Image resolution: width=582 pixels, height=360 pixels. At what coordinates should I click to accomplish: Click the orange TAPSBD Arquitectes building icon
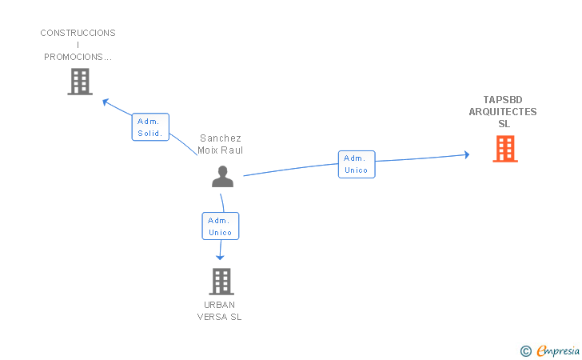coord(504,149)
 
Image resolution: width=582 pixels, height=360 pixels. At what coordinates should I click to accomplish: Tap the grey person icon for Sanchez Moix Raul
coord(222,176)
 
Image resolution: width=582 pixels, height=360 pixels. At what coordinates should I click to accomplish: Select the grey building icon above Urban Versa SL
coord(221,281)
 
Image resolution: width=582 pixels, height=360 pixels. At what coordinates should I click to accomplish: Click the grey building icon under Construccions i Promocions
coord(79,81)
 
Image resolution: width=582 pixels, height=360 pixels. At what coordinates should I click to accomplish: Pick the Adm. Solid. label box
coord(149,127)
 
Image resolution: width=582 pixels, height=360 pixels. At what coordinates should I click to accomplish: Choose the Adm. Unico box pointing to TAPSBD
coord(356,164)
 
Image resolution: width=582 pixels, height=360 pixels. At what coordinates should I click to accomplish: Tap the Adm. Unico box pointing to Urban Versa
coord(220,226)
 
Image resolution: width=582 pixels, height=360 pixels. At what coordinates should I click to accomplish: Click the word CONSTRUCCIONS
coord(78,33)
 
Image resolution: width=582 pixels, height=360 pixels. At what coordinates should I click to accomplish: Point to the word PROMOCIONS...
coord(78,57)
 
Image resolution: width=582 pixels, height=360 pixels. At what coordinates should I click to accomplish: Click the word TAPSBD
coord(503,100)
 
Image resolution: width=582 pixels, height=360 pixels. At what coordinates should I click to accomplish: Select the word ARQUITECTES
coord(503,112)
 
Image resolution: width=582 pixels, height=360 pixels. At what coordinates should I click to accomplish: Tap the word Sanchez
coord(220,138)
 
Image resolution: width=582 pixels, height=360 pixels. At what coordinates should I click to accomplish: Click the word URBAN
coord(220,305)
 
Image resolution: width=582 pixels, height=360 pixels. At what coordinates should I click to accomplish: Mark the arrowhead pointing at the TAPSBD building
coord(466,154)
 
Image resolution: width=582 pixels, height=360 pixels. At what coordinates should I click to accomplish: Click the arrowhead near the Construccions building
coord(105,101)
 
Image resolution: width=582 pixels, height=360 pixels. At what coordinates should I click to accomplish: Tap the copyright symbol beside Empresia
coord(525,350)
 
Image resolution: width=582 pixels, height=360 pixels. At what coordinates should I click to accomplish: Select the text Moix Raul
coord(220,150)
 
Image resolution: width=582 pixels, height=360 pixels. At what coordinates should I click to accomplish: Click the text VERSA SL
coord(220,317)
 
